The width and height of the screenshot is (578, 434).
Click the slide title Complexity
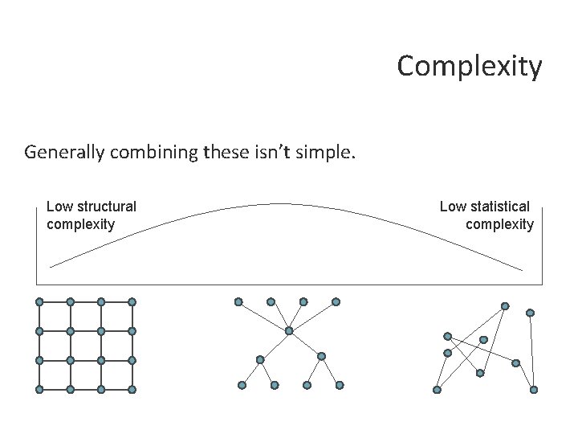coord(470,66)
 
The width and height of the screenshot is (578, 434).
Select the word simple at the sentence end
coord(324,152)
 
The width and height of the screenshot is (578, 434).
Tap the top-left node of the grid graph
coord(39,301)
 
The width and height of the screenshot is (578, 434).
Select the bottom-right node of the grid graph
coord(132,389)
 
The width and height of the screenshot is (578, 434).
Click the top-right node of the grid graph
coord(132,301)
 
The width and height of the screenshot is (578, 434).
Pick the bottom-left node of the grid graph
coord(39,389)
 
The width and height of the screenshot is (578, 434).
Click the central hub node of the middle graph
coord(289,330)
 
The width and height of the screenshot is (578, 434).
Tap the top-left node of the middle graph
coord(238,301)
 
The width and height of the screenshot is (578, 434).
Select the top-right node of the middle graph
coord(336,301)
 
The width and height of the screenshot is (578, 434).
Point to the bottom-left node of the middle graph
coord(242,385)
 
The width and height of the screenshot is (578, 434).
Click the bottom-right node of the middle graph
coord(339,385)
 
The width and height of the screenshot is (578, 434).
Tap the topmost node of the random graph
coord(505,305)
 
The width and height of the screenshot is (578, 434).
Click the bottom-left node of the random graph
coord(437,390)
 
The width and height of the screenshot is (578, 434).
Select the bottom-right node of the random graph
coord(535,390)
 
